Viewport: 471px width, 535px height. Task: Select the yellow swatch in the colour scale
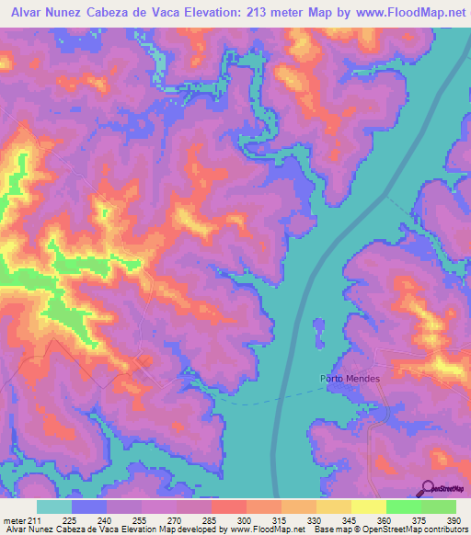click(x=368, y=507)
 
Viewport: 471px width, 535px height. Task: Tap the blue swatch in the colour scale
click(x=89, y=507)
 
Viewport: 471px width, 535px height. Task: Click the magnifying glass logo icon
click(x=427, y=490)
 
